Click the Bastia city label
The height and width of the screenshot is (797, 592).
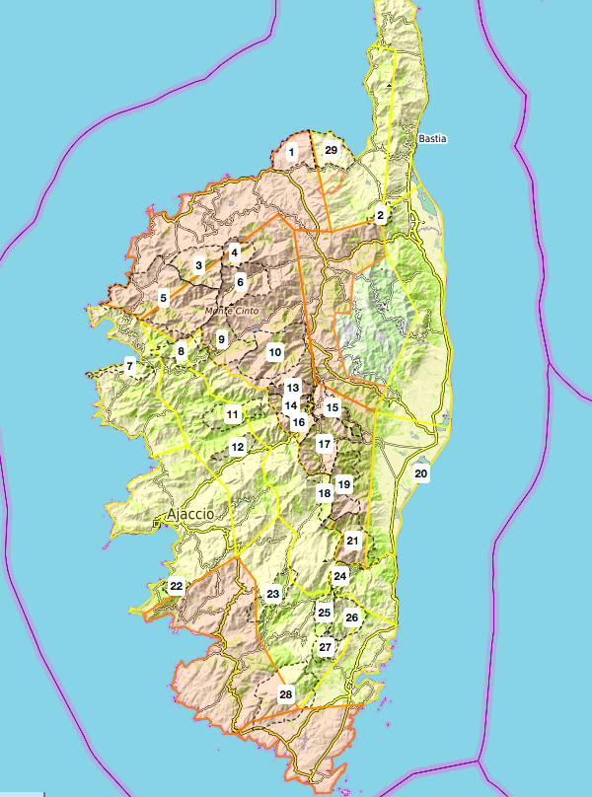pos(432,139)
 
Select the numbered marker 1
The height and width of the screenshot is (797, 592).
pos(291,152)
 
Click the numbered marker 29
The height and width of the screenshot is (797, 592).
pos(332,151)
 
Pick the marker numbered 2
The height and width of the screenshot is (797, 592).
pos(380,215)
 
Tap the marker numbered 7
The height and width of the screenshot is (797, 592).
pos(129,367)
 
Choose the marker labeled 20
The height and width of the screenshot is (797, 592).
pos(421,473)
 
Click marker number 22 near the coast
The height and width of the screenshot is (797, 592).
pos(176,586)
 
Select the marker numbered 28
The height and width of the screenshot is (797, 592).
pos(286,694)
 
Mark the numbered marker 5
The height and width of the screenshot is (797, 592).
pos(163,297)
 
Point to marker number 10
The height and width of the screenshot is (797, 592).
pos(275,352)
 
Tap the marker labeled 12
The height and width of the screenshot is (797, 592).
pos(237,447)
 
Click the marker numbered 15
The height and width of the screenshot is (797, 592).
pos(333,407)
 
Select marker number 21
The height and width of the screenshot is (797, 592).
pos(352,541)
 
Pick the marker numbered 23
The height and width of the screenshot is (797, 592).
pos(273,593)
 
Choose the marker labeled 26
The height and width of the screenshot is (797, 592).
pos(351,617)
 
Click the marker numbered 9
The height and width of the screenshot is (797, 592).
pos(222,340)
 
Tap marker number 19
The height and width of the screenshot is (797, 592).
pos(343,484)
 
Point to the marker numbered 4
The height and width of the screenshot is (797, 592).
pos(234,254)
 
